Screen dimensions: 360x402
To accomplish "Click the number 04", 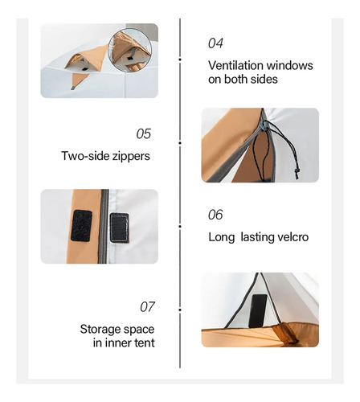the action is [215, 43].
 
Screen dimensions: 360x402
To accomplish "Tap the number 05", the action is [144, 133].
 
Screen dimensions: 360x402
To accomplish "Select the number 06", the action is [215, 215].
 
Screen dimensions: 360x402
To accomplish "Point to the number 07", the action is [147, 307].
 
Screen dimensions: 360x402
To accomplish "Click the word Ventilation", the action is [235, 66].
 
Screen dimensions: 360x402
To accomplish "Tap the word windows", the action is [290, 66].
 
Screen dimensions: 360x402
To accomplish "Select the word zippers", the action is [131, 157].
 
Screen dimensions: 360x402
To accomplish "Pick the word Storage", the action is [98, 330].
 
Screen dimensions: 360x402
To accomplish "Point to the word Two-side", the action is [85, 156].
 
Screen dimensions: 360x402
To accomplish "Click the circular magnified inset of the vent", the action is [130, 50].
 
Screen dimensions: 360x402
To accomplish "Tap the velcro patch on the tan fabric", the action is [81, 226].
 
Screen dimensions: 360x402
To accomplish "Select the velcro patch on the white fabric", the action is [120, 228].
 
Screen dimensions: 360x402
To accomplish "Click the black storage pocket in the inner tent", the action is [258, 311].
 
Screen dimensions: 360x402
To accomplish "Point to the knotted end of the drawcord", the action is [297, 173].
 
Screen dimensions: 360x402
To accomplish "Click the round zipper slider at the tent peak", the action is [264, 125].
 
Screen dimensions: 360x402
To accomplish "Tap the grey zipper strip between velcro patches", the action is [104, 227].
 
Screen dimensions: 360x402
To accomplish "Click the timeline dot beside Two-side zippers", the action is [180, 143].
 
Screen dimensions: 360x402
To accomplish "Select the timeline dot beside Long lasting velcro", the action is [180, 227].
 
